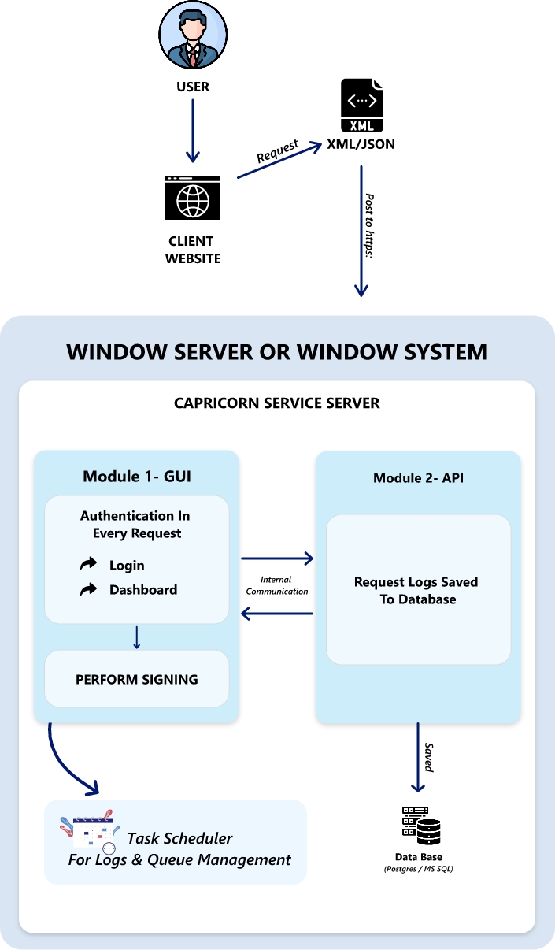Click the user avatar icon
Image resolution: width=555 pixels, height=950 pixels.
[x=193, y=36]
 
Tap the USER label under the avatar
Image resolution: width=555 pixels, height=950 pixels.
[x=193, y=87]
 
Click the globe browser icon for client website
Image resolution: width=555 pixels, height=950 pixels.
[x=193, y=198]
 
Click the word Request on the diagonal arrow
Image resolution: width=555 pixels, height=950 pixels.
[x=278, y=151]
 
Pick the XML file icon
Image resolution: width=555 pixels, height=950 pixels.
[x=362, y=106]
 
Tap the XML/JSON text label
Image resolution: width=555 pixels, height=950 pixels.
[x=361, y=145]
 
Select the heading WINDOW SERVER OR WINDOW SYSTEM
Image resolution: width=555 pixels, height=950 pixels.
[x=277, y=351]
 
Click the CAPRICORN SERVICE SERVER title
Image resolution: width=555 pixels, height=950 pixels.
[x=277, y=403]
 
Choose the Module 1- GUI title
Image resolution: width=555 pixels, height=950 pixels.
[x=137, y=477]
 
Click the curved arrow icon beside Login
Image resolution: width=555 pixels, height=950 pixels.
[x=89, y=565]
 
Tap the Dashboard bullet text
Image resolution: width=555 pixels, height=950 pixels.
[x=143, y=590]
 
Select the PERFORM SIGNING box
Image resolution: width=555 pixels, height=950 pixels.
[x=137, y=679]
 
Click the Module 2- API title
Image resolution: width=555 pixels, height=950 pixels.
[x=418, y=478]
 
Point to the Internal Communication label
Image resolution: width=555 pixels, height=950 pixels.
[x=277, y=585]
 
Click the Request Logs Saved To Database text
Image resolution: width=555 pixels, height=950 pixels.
[x=416, y=591]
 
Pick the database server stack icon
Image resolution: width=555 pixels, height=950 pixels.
[x=420, y=826]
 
